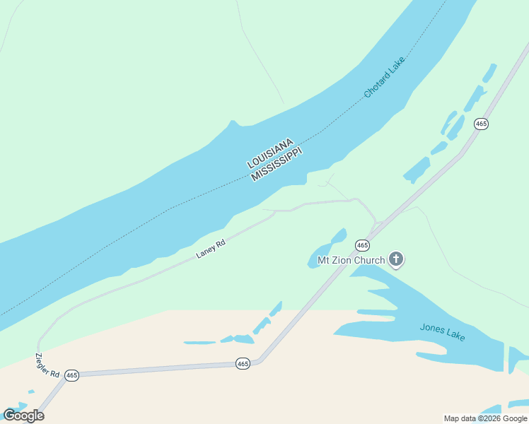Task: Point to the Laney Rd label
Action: point(211,249)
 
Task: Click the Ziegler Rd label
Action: point(47,363)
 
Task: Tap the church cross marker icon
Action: point(396,260)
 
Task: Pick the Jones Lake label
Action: point(442,331)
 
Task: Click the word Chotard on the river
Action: point(379,86)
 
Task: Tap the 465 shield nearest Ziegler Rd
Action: point(71,375)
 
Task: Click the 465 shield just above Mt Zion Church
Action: point(362,245)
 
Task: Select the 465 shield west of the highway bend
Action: point(243,363)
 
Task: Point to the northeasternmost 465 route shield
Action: point(482,124)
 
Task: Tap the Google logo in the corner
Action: point(23,415)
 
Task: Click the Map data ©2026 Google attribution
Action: point(486,418)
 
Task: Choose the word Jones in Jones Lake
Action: point(432,329)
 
